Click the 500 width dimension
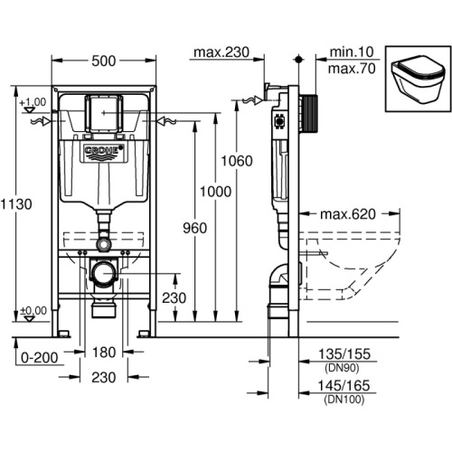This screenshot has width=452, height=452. (x=104, y=61)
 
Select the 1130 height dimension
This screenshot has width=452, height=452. (x=16, y=204)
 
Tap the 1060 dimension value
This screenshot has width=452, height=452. (x=237, y=161)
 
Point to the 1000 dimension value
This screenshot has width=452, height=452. (x=216, y=192)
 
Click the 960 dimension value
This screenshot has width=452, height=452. (x=195, y=228)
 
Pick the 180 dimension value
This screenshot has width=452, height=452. (x=104, y=353)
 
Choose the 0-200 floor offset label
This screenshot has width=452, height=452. (x=39, y=358)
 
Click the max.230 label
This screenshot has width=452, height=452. (x=221, y=52)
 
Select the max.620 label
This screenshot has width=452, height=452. (x=348, y=214)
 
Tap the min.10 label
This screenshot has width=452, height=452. (x=352, y=52)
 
